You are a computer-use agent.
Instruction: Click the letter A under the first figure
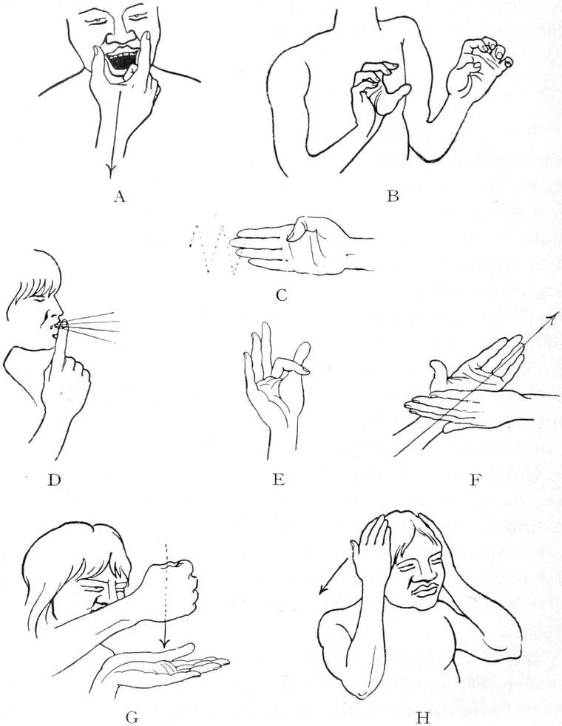[x=120, y=197]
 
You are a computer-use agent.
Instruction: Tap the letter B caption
[x=393, y=197]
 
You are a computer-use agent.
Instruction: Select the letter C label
[x=281, y=294]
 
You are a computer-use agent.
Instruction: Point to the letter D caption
[x=54, y=480]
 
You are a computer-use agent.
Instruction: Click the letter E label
[x=278, y=480]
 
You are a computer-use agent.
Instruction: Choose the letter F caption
[x=475, y=480]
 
